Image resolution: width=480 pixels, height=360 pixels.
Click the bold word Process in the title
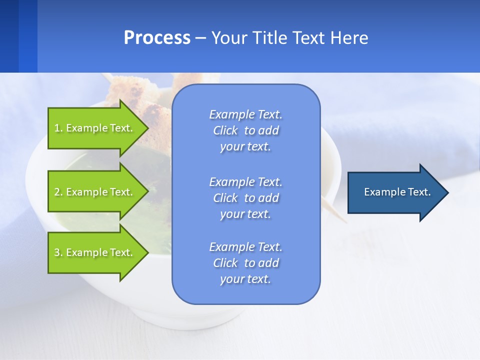[157, 38]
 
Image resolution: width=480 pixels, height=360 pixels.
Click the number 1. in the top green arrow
[58, 128]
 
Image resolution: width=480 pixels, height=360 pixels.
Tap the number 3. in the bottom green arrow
[58, 253]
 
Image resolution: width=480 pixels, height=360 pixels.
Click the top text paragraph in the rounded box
[245, 130]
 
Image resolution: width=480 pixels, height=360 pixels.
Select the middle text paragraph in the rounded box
[245, 198]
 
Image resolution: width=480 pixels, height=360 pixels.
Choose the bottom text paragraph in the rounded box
[245, 263]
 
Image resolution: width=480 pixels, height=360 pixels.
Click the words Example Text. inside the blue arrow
[397, 192]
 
